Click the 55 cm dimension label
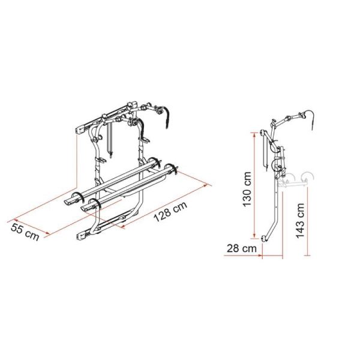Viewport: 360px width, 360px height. (x=25, y=232)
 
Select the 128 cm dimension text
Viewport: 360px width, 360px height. (x=170, y=212)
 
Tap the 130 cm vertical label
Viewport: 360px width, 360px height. (x=247, y=189)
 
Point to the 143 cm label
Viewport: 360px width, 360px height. (x=300, y=220)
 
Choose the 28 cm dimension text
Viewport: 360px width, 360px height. (x=242, y=248)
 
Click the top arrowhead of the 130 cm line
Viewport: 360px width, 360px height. (x=254, y=135)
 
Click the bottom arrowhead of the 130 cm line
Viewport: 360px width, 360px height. (x=254, y=236)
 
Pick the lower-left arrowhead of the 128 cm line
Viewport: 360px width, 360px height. (x=123, y=227)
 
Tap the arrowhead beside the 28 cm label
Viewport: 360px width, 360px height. (x=260, y=255)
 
